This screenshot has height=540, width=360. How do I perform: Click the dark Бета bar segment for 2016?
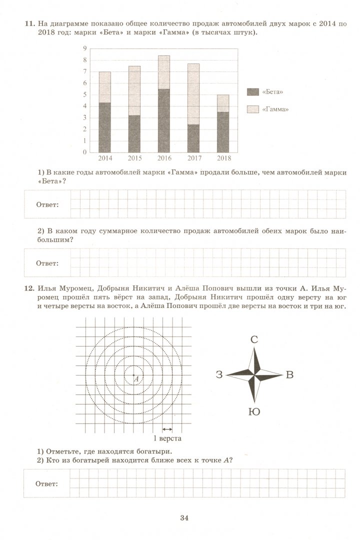coord(163,120)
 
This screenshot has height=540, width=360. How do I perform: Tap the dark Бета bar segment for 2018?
coord(223,132)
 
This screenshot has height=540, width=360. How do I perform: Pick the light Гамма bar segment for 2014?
coord(104,87)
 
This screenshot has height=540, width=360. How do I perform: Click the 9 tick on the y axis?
coord(85,48)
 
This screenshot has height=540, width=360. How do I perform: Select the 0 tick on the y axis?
coord(85,152)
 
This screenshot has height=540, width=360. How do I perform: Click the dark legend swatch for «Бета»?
coord(252,92)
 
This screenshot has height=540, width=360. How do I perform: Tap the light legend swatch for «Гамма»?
coord(252,109)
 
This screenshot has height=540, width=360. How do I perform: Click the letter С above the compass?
coord(254,340)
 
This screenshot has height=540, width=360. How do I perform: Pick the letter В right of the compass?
coord(289,375)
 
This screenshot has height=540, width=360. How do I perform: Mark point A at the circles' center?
coord(133,375)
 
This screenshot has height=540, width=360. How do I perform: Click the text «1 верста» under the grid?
coord(166,438)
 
